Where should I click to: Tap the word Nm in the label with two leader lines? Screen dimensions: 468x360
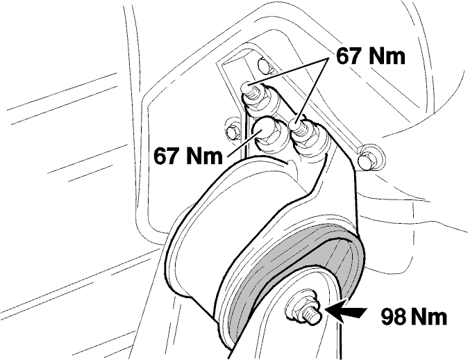(386, 56)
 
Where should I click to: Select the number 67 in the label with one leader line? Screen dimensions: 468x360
(165, 156)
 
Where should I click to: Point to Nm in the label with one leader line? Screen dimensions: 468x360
(203, 156)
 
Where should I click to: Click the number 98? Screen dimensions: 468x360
(393, 317)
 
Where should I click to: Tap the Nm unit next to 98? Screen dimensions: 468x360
(428, 317)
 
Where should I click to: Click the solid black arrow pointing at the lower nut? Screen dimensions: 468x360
(345, 313)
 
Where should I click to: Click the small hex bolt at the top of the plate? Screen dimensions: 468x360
(264, 66)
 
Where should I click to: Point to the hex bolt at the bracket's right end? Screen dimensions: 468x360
(371, 158)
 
